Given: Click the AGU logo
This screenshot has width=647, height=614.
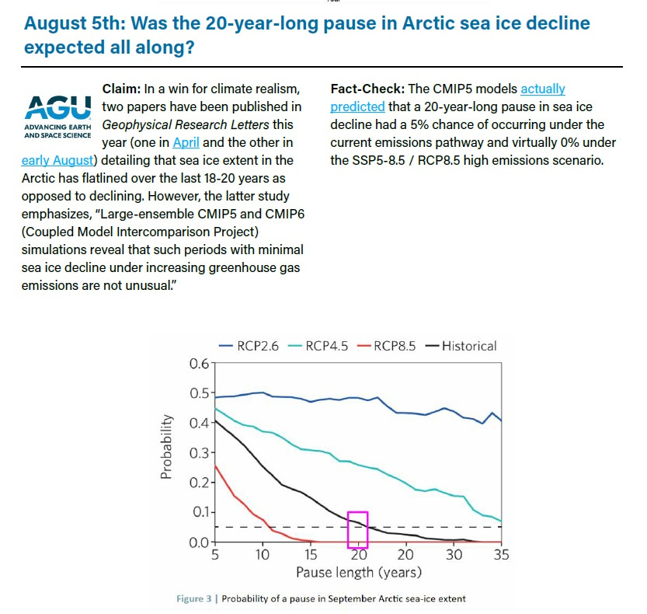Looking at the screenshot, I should coord(57,114).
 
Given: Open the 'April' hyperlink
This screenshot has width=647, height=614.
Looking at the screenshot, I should coord(186,142).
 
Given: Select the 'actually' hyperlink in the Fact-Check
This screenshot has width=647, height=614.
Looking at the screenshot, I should coord(542,89).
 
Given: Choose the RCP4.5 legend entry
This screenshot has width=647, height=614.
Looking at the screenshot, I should coord(317,346).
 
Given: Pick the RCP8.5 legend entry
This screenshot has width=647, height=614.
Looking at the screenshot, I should coord(385,346).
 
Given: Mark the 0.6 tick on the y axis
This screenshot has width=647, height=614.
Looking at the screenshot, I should coord(199,364).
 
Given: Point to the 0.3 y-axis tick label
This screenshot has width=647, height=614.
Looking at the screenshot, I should coord(199,453).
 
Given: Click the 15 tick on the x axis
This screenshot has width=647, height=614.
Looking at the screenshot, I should coord(309,555).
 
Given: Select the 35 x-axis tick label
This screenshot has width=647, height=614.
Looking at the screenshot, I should coord(502,555).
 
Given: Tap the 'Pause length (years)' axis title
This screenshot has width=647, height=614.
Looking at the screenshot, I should coord(358,573).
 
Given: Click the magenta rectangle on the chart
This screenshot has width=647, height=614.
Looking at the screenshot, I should coord(357,529).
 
